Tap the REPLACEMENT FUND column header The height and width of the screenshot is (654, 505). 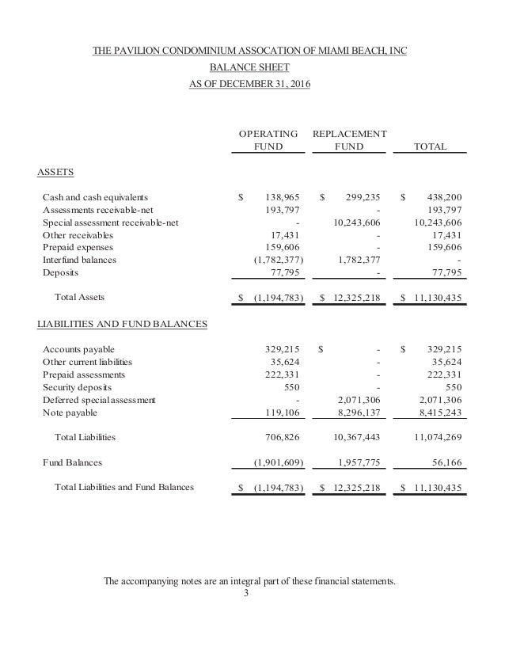coord(350,140)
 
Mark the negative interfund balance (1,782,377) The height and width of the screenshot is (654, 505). coord(278,260)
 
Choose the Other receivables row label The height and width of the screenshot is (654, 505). coord(78,235)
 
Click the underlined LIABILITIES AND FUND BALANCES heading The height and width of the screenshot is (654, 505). coord(123,323)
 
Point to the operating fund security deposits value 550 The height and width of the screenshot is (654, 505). coord(293,387)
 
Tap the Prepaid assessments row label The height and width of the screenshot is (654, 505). coord(83,375)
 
